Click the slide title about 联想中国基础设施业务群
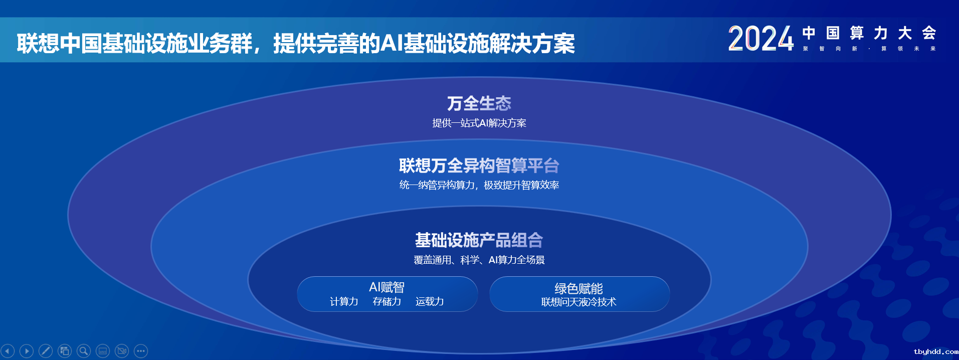click(296, 43)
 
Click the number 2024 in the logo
click(761, 39)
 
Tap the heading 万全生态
click(479, 103)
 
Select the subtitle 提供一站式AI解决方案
click(479, 123)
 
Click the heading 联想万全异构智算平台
click(479, 165)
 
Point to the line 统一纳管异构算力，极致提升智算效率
click(479, 185)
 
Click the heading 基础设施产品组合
click(479, 240)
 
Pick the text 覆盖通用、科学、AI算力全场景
click(479, 260)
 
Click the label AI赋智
click(387, 287)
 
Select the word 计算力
click(344, 301)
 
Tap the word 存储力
click(387, 301)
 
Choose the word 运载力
click(430, 301)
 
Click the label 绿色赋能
click(579, 288)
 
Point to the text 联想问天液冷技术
click(579, 302)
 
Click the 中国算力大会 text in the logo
click(869, 33)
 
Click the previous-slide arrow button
click(8, 351)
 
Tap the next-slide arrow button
click(27, 351)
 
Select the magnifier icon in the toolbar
click(84, 351)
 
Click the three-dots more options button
click(141, 351)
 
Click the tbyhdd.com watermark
click(936, 352)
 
